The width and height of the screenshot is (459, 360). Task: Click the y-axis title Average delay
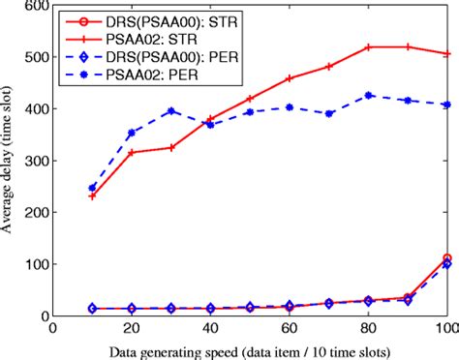click(10, 161)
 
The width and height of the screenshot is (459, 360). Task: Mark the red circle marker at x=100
click(446, 258)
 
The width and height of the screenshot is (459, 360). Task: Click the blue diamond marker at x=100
click(446, 264)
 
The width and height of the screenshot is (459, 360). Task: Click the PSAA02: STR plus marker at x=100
click(446, 54)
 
